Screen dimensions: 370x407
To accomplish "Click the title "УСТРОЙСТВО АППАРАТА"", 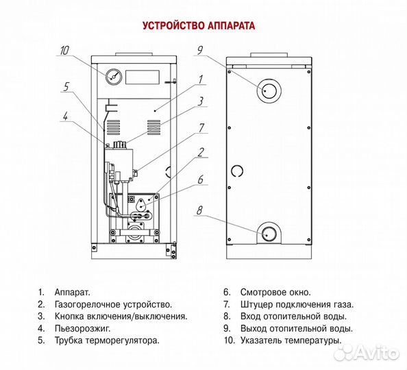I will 199,27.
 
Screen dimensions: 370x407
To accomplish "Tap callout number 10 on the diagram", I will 65,50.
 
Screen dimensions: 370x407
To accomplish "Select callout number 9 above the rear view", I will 201,50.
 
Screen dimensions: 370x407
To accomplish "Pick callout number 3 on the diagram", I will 201,101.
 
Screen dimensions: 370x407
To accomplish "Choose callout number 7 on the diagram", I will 201,127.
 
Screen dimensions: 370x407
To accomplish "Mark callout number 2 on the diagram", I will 201,152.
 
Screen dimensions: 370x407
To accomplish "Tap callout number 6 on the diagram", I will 201,180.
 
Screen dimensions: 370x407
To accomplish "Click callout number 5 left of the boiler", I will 66,87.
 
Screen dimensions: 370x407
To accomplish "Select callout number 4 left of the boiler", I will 65,116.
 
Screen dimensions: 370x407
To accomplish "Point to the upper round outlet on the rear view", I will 269,90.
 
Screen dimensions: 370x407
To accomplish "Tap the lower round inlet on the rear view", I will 269,234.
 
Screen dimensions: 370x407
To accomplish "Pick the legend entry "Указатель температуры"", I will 291,340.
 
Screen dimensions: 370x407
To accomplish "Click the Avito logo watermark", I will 366,352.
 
